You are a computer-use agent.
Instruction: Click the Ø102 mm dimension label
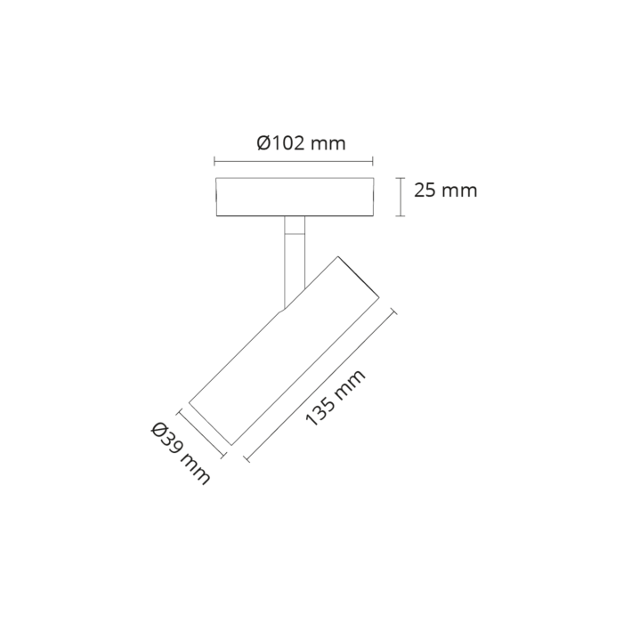pos(301,143)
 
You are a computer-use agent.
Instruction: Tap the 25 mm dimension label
pos(445,190)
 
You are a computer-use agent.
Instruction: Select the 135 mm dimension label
pos(335,398)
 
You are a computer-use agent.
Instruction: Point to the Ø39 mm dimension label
pos(181,455)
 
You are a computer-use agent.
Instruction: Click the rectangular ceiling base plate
pos(295,197)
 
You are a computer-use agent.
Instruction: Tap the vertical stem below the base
pos(295,263)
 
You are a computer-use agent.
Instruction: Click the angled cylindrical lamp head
pos(284,351)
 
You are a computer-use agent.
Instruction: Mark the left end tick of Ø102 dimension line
pos(214,161)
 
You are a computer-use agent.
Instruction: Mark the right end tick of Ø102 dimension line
pos(373,161)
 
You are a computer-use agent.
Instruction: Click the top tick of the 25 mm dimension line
pos(400,178)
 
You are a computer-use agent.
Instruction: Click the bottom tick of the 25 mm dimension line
pos(400,216)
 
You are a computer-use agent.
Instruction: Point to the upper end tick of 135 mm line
pos(393,311)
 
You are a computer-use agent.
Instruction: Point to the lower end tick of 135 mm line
pos(247,458)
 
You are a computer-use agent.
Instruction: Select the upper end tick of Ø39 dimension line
pos(181,412)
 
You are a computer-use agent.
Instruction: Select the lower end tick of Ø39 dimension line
pos(223,456)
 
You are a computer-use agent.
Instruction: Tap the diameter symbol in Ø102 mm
pos(263,143)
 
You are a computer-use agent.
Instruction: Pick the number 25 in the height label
pos(425,190)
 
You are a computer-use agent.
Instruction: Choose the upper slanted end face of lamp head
pos(359,277)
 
